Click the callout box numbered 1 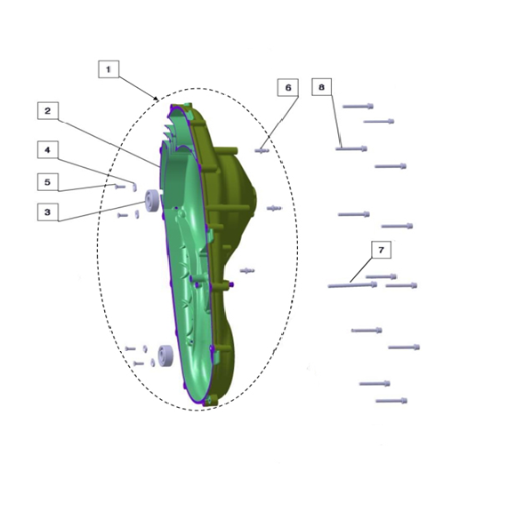click(109, 69)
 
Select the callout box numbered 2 click(47, 111)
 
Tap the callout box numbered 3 click(47, 212)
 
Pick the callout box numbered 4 click(47, 149)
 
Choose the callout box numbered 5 click(47, 182)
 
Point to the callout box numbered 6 click(288, 87)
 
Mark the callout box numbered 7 click(381, 250)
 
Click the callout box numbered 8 click(322, 87)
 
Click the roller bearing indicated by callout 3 click(151, 201)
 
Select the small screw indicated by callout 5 click(120, 186)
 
